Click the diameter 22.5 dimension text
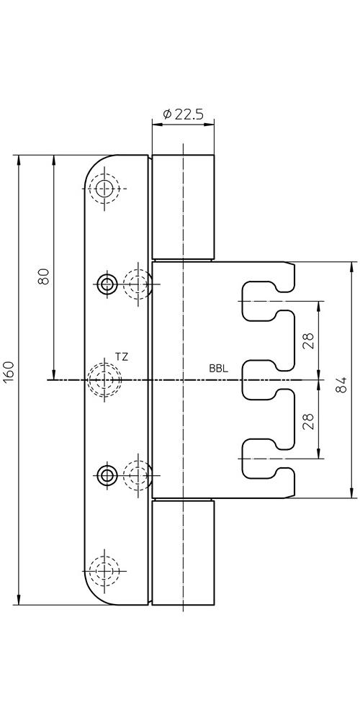(183, 114)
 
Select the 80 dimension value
(44, 276)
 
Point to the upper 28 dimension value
(309, 341)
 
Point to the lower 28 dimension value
(309, 421)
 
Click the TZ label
(121, 357)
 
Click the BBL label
(219, 368)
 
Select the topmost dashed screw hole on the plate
(104, 188)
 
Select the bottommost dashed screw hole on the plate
(104, 570)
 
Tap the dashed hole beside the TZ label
(104, 379)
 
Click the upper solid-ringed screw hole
(107, 284)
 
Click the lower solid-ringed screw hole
(107, 476)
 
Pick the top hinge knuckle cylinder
(183, 207)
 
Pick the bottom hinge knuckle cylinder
(183, 552)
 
